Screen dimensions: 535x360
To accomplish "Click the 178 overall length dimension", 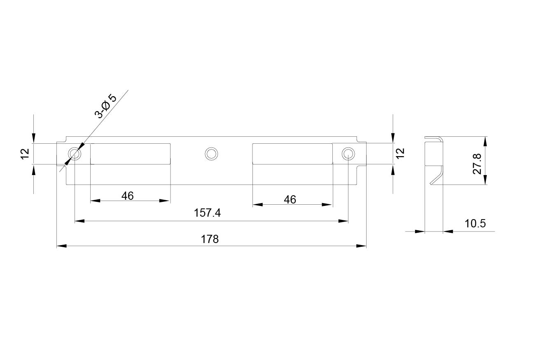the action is tap(210, 239).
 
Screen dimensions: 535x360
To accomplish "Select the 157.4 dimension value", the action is tap(207, 213).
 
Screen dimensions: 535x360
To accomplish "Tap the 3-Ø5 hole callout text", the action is tap(105, 106).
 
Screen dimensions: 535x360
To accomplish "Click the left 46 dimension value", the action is tap(127, 196).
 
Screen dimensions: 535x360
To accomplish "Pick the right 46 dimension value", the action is tap(290, 199).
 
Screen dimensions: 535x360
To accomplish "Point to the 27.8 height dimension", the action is tap(477, 164).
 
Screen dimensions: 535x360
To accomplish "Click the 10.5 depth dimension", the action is tap(475, 224).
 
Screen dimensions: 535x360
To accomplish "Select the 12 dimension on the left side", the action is tap(25, 154).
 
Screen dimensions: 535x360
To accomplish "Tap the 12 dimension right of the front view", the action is tap(400, 153).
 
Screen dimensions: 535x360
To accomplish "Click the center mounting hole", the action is tap(211, 154).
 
